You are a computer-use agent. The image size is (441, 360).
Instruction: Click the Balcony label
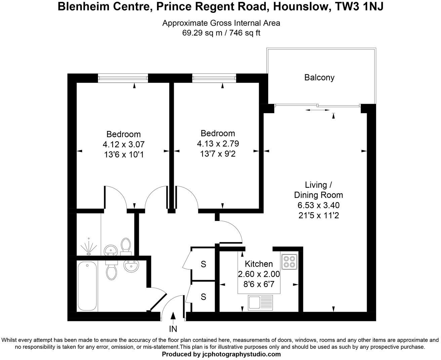click(x=319, y=78)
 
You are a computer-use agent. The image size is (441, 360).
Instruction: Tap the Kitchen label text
click(x=258, y=264)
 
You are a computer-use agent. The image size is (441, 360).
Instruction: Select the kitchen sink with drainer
click(x=260, y=302)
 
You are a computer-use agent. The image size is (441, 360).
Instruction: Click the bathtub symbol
click(x=87, y=286)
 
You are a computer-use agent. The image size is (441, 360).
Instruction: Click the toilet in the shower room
click(x=126, y=245)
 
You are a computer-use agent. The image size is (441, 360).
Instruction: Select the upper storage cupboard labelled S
click(x=203, y=264)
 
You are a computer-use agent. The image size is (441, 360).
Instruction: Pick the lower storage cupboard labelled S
click(x=203, y=297)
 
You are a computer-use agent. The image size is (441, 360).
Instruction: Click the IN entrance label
click(x=173, y=329)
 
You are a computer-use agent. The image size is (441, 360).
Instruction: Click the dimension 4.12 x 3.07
click(x=123, y=144)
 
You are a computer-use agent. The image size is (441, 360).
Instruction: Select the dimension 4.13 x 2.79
click(x=218, y=144)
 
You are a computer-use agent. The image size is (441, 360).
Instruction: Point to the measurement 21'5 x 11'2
click(x=318, y=215)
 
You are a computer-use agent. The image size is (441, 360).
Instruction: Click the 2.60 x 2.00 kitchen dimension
click(x=259, y=274)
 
